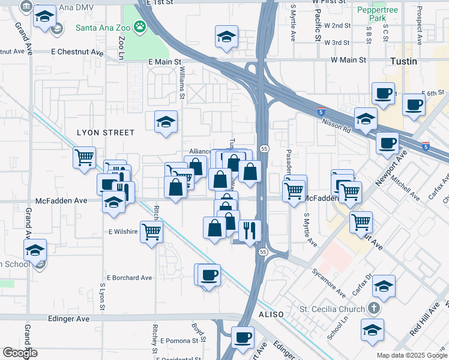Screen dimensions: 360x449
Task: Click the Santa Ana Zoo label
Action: (x=103, y=28)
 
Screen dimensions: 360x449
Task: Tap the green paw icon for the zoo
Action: (x=140, y=26)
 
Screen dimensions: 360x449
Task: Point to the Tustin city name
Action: (x=403, y=61)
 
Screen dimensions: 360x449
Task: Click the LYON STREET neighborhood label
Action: (x=106, y=133)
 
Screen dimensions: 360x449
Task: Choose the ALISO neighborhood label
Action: (x=270, y=315)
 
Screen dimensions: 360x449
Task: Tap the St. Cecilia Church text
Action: (x=332, y=310)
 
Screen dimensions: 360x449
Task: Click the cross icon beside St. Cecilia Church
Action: (x=373, y=310)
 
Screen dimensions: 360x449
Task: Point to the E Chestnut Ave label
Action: (x=77, y=52)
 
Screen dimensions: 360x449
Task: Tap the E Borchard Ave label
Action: (x=130, y=278)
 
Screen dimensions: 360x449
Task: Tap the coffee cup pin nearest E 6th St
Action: (x=414, y=104)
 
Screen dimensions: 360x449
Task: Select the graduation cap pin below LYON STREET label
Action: (x=166, y=122)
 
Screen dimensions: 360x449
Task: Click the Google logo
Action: (x=20, y=353)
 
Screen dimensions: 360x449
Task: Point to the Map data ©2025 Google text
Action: (x=411, y=355)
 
